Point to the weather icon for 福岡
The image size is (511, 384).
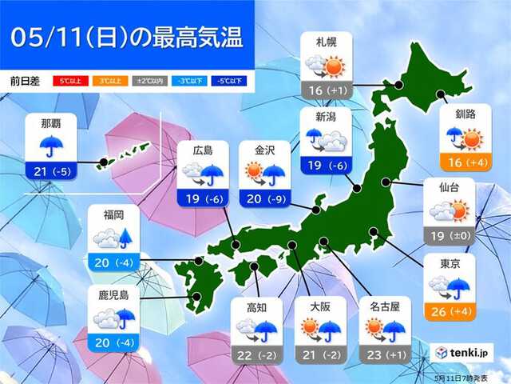pos(113,238)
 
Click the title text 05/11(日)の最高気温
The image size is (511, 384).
pos(128,37)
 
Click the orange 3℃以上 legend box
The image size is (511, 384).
pos(109,81)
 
